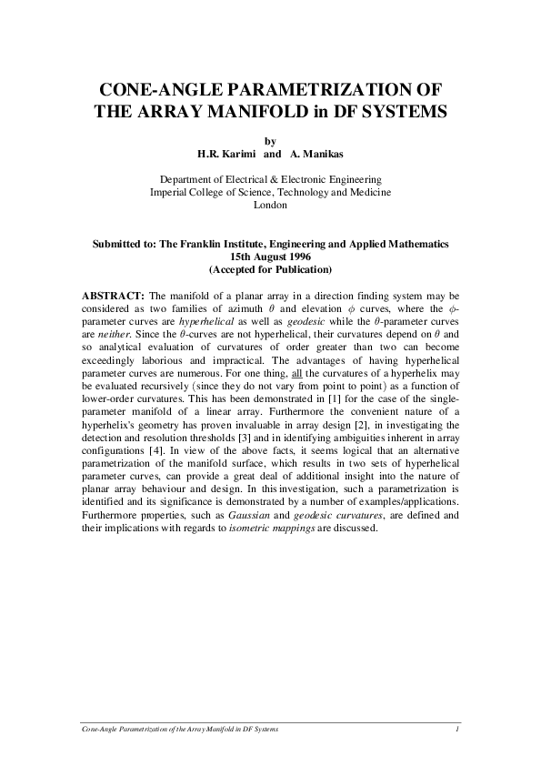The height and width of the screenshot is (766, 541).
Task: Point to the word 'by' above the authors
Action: coord(269,141)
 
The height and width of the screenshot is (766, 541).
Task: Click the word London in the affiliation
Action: coord(270,206)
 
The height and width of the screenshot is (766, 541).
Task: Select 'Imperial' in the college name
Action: coord(172,193)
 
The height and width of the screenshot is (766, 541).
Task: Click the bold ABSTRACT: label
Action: coord(112,297)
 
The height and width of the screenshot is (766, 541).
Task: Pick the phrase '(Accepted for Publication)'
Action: coord(270,269)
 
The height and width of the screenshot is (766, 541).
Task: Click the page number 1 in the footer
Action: coord(457,731)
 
